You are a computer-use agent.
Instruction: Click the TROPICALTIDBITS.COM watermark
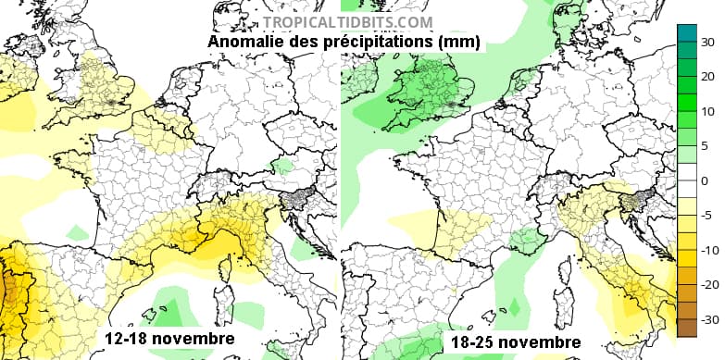(347, 22)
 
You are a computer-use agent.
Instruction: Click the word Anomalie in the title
(243, 43)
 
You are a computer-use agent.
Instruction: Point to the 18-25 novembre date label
(511, 341)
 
